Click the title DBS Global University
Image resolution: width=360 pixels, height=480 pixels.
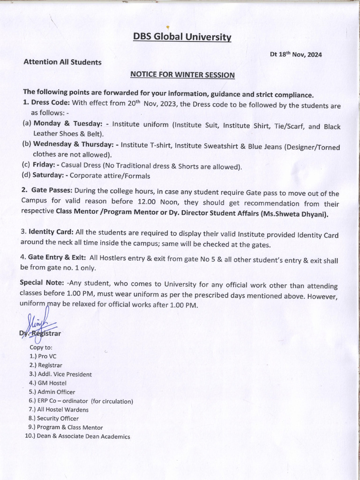[x=182, y=37]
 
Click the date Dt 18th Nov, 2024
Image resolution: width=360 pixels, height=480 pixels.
[x=296, y=54]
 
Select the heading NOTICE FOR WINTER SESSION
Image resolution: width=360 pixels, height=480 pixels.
[x=182, y=75]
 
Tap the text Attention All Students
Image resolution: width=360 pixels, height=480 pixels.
[x=62, y=62]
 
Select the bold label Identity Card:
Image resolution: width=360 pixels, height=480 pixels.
[x=51, y=232]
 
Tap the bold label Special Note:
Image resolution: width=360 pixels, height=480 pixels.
[x=41, y=283]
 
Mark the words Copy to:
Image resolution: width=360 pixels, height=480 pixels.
[x=41, y=347]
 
